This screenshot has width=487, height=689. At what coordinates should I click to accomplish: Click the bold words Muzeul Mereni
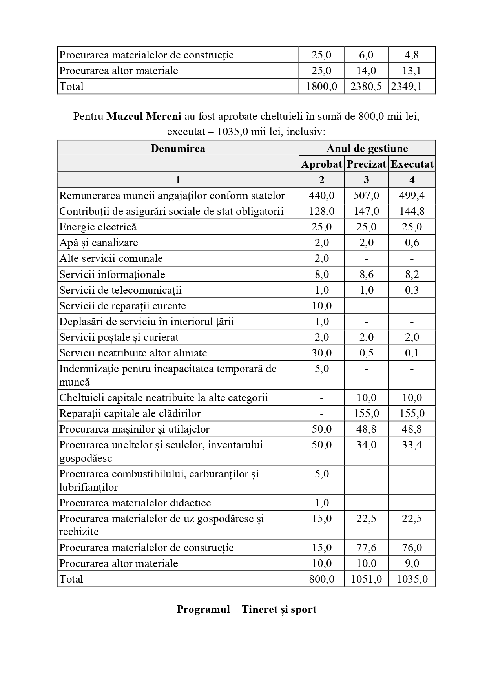[144, 117]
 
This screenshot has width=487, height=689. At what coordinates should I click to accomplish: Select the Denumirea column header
[178, 148]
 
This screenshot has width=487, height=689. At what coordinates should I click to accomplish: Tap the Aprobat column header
[321, 164]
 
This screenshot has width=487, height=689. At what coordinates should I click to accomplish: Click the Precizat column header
[366, 164]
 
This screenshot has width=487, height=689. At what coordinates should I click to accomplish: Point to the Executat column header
[412, 164]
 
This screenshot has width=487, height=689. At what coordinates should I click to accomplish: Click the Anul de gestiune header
[367, 148]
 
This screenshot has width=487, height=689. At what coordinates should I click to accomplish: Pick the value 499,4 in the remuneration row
[412, 196]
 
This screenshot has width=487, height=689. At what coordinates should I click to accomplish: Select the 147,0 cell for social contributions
[366, 211]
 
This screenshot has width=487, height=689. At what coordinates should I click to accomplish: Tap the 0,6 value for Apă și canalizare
[412, 243]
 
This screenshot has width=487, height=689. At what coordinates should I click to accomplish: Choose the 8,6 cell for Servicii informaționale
[366, 274]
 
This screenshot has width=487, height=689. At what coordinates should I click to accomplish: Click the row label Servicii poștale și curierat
[119, 337]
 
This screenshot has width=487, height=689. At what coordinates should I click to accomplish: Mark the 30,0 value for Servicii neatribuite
[321, 353]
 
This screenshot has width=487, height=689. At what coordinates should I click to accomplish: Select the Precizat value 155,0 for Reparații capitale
[366, 413]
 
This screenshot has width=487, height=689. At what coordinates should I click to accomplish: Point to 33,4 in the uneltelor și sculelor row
[412, 445]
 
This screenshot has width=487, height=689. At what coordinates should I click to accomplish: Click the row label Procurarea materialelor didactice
[135, 503]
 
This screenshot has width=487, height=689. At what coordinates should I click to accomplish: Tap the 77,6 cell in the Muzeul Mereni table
[366, 548]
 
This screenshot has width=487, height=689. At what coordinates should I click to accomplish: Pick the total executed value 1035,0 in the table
[412, 579]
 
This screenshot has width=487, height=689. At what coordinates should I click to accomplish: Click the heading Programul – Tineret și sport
[246, 609]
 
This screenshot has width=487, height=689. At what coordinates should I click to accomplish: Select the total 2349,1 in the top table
[412, 86]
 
